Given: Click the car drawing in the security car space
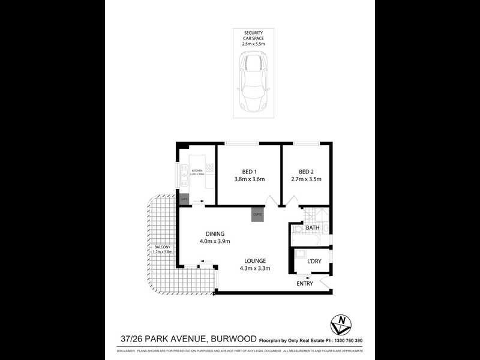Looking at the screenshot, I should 253,81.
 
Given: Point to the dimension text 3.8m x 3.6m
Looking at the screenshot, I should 249,179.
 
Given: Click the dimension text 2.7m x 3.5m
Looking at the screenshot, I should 307,179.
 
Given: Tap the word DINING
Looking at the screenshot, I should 214,234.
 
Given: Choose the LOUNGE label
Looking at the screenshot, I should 254,260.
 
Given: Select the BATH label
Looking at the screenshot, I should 312,228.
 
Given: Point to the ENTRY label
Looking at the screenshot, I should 305,284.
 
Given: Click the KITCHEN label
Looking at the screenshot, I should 197,171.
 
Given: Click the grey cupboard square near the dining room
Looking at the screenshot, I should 257,214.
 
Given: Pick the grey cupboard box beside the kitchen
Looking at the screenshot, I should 185,199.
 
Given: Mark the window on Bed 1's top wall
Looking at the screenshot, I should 241,143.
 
